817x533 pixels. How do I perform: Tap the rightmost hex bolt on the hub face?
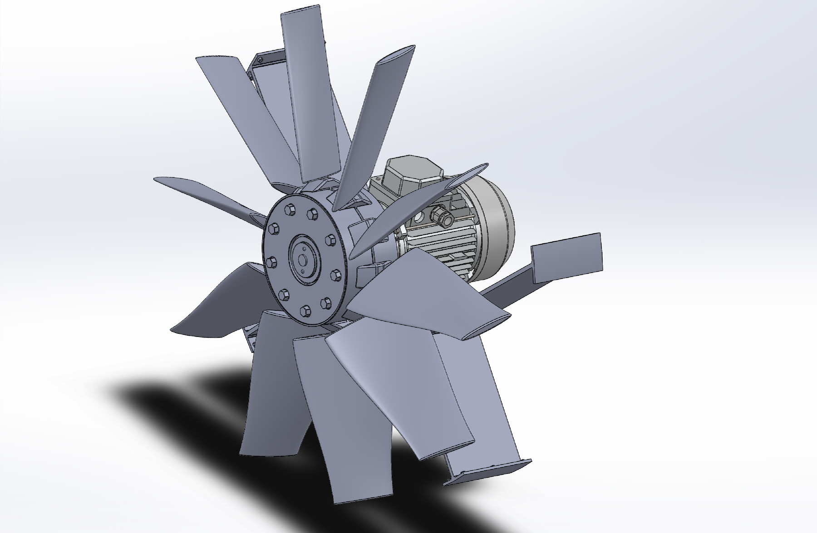coord(336,274)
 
